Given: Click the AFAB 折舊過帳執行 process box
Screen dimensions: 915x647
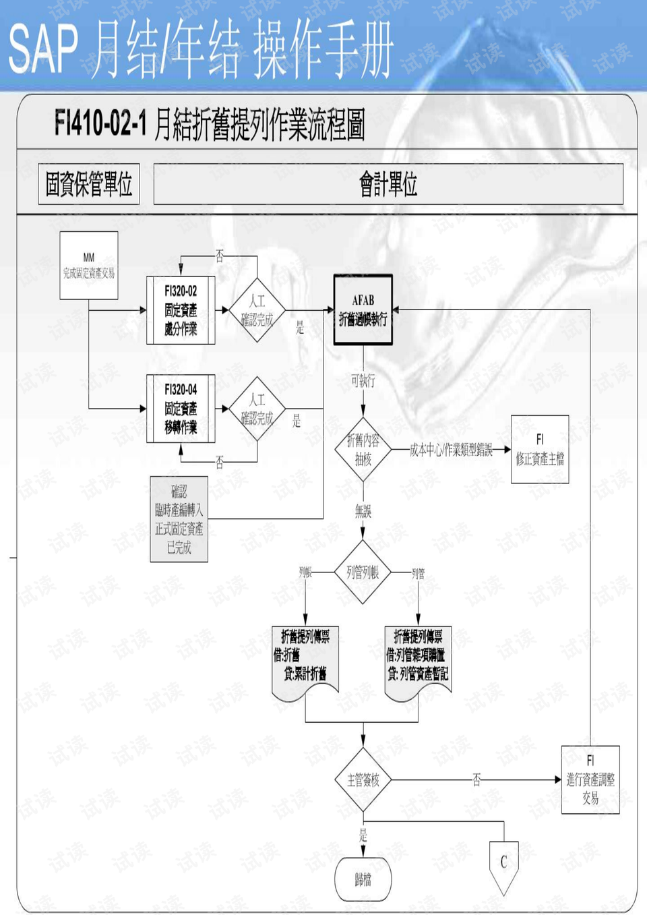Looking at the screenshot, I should click(363, 310).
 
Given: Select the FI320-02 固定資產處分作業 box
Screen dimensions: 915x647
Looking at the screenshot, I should click(181, 310).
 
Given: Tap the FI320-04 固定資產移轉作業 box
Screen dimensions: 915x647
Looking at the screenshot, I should click(181, 409).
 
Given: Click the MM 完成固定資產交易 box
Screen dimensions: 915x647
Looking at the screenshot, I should click(89, 266).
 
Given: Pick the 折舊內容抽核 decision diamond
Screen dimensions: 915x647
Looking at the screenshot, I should click(363, 450).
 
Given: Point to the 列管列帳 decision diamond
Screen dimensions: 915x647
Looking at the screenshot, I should click(363, 572).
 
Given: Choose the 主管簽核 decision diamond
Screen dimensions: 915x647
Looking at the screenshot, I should click(363, 780).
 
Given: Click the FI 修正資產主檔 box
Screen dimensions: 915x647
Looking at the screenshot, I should click(540, 449).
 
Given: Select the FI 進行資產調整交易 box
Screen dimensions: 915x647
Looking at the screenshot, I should click(590, 779).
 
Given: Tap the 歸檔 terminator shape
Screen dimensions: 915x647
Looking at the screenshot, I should click(363, 879).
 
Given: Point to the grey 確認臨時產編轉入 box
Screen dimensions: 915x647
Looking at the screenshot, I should click(179, 519).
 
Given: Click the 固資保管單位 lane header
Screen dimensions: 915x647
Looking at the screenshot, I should click(89, 184).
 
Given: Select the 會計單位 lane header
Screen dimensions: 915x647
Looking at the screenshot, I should click(388, 184).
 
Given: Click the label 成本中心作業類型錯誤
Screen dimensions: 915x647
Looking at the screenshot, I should click(451, 450).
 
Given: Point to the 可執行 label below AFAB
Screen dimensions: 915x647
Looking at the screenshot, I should click(363, 381).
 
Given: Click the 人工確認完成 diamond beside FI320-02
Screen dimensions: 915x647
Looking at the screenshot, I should click(257, 310).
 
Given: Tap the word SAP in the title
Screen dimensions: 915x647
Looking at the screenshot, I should click(43, 49).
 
